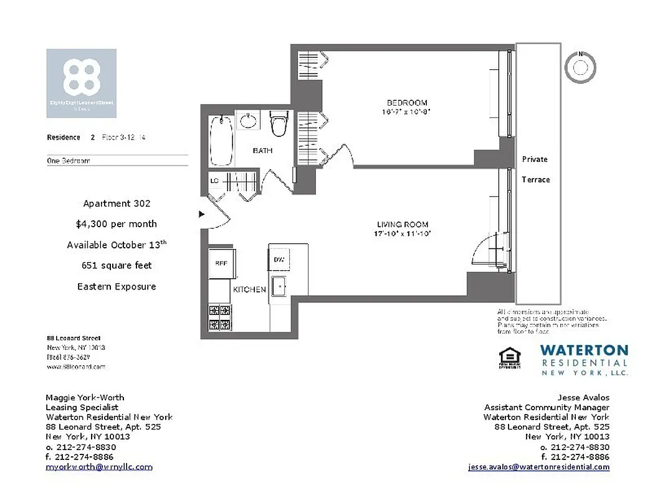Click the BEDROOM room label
pos(407,103)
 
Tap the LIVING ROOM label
pos(403,225)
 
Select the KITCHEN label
pos(249,289)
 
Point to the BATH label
pos(262,151)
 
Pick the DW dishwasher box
pos(279,260)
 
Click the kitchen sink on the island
pos(279,288)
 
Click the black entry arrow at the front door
pos(201,214)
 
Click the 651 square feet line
pos(117,265)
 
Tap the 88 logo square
pos(81,83)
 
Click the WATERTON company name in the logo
pos(583,350)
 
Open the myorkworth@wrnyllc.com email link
pos(99,467)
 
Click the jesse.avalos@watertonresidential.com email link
pos(538,467)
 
